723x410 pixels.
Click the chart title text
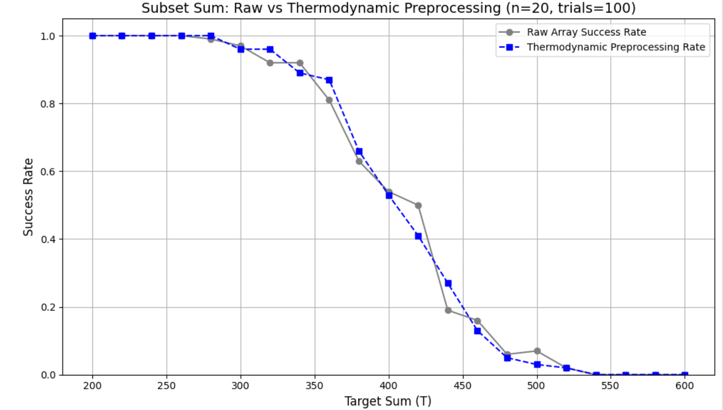[x=388, y=8]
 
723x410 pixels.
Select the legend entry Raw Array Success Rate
[x=586, y=32]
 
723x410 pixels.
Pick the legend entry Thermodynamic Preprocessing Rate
[x=615, y=47]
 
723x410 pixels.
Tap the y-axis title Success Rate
[x=28, y=197]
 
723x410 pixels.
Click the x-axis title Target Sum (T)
[x=388, y=401]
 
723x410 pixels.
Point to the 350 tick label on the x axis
[x=314, y=386]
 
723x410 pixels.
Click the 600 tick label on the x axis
[x=685, y=386]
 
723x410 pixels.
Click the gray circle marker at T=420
[x=418, y=206]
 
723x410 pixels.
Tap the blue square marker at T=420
[x=418, y=236]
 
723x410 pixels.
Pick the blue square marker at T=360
[x=329, y=80]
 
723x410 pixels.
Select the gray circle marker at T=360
[x=329, y=100]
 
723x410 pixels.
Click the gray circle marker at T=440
[x=448, y=310]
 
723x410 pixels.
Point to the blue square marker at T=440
[x=448, y=283]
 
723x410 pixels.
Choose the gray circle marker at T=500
[x=537, y=351]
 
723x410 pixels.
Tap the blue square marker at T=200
[x=92, y=36]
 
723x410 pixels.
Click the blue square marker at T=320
[x=270, y=49]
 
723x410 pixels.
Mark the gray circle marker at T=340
[x=300, y=63]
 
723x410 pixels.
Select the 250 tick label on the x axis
[x=166, y=386]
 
